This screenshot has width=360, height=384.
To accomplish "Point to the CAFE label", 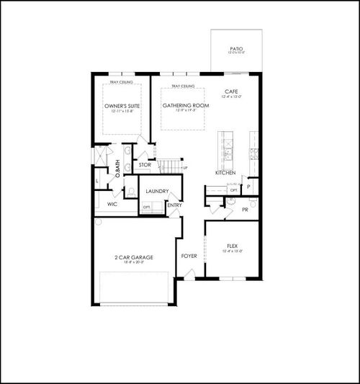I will pyautogui.click(x=231, y=92).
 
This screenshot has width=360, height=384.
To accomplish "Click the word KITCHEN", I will pyautogui.click(x=226, y=173).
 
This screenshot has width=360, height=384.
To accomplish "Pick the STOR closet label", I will pyautogui.click(x=145, y=165).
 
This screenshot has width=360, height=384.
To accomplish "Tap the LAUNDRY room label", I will pyautogui.click(x=157, y=191).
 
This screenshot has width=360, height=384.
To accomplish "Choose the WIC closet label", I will pyautogui.click(x=112, y=204).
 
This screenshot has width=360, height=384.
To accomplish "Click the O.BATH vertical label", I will pyautogui.click(x=118, y=171).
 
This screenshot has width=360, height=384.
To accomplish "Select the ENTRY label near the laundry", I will pyautogui.click(x=174, y=205).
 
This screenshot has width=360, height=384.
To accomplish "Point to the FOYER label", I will pyautogui.click(x=189, y=255).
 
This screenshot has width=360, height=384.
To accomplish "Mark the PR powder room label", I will pyautogui.click(x=245, y=209).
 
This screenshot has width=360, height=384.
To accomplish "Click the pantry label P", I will pyautogui.click(x=248, y=186).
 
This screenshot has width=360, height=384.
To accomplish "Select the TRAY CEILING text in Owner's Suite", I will pyautogui.click(x=121, y=83).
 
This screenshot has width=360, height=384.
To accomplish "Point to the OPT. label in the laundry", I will pyautogui.click(x=147, y=206).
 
